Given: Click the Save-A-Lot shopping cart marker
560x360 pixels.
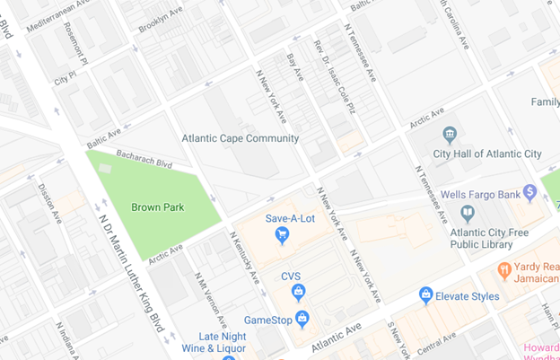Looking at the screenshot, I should pos(283,236).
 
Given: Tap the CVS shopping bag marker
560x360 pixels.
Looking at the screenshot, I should pos(299,292).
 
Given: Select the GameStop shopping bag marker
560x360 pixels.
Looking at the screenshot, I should pos(302,320).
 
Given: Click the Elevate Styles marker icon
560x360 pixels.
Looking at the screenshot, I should pos(426,294).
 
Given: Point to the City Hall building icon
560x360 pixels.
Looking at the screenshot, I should pos(450,136).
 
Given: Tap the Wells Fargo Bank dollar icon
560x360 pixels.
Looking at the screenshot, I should pos(530,192).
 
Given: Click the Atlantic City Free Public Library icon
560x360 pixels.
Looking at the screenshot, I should pos(467,213).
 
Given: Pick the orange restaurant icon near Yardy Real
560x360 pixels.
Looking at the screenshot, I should pos(504,268).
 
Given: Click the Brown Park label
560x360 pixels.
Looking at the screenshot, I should pos(157,207).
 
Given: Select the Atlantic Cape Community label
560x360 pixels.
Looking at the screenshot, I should pos(240,139).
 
